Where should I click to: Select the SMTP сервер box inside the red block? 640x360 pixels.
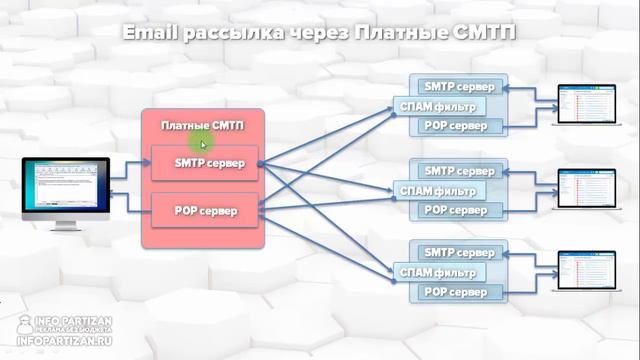tap(204, 163)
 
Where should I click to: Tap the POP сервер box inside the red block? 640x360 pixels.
tap(204, 210)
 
